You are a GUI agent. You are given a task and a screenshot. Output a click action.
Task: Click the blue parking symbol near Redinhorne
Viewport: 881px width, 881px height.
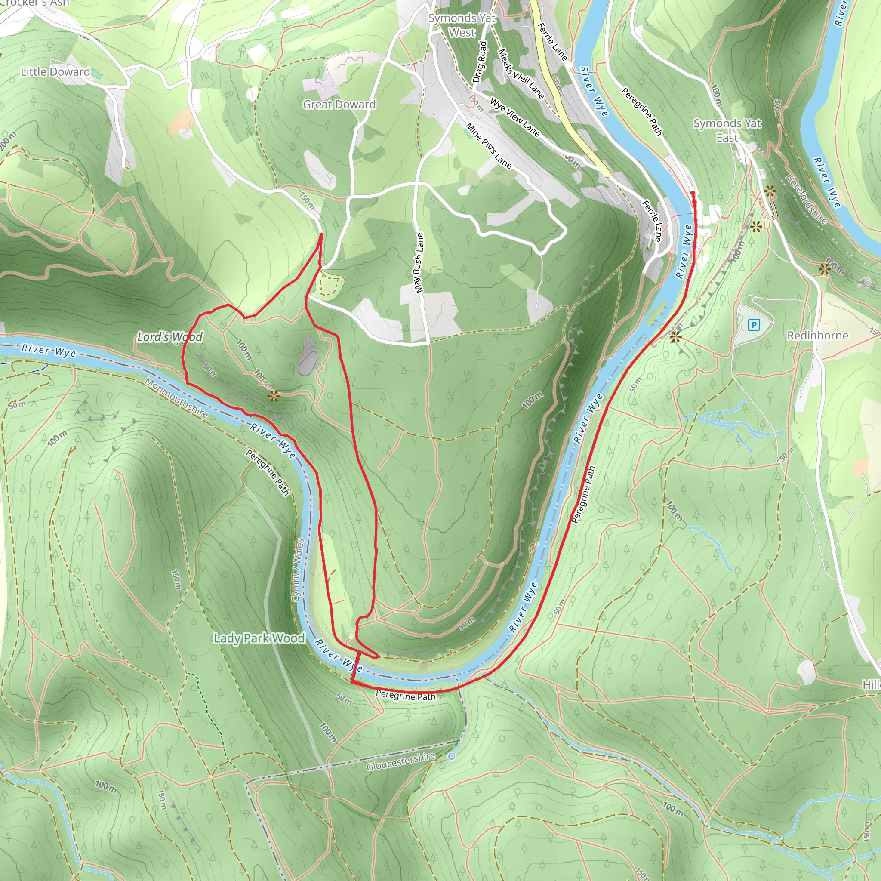754,325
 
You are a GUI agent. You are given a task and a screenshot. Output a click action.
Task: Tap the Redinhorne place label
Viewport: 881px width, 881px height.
817,336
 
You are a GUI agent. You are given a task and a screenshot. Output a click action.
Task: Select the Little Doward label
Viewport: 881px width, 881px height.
55,71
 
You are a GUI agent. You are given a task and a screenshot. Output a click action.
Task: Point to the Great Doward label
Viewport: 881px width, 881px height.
339,105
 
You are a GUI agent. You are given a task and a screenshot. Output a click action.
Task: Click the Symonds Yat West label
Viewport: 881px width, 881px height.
462,25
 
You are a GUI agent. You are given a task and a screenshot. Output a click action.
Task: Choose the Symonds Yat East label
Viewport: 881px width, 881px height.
727,130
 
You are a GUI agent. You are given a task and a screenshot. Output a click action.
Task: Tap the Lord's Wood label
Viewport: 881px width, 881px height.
170,337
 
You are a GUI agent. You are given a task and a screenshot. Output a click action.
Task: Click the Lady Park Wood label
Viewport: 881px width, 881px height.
259,638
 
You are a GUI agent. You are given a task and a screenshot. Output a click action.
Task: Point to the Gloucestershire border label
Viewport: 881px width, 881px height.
401,762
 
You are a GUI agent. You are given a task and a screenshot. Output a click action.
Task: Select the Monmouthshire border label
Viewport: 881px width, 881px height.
176,397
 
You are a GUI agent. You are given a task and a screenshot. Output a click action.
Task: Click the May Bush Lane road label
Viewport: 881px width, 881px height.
419,263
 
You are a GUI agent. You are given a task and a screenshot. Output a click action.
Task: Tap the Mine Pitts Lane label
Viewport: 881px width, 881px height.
489,145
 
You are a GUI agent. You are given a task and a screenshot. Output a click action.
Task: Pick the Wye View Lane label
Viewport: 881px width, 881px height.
515,117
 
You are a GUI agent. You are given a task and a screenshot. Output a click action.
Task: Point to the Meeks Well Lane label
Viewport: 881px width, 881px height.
521,74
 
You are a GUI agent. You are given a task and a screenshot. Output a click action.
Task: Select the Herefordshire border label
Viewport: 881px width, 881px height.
806,199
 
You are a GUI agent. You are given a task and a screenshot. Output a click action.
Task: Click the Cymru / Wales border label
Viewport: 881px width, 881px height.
297,570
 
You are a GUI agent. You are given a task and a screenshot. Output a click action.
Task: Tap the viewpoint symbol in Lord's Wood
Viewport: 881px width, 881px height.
274,396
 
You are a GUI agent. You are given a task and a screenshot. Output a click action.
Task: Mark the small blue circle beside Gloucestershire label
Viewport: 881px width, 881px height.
451,757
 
